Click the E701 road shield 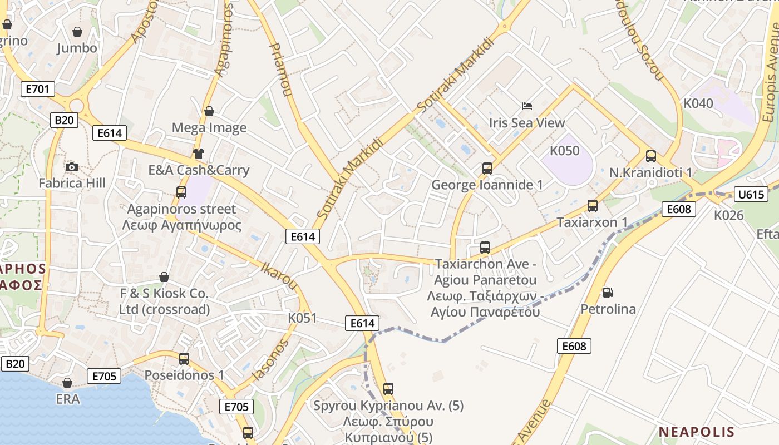tap(38, 88)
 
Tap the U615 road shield tap(751, 194)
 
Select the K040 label tap(698, 103)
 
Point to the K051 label tap(302, 318)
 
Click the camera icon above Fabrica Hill tap(72, 167)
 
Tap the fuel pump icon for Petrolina tap(608, 292)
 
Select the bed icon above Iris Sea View tap(526, 106)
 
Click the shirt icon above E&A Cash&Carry tap(199, 154)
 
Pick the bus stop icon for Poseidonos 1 tap(184, 359)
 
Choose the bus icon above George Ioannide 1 tap(487, 168)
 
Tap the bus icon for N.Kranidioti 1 tap(651, 156)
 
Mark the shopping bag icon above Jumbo tap(77, 32)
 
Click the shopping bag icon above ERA tap(67, 383)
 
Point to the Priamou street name tap(280, 70)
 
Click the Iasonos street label tap(271, 360)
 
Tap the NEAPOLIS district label tap(696, 432)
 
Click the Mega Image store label tap(209, 127)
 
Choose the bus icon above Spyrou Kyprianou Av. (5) tap(388, 389)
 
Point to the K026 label tap(729, 215)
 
